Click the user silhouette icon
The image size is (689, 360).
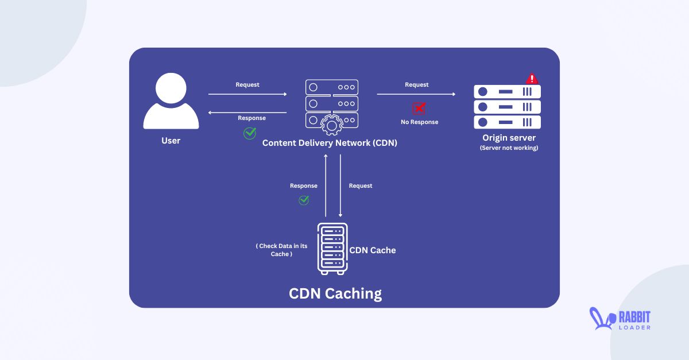coord(171,103)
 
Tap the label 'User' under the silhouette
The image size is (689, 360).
coord(171,141)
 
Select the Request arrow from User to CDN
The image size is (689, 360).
coord(247,94)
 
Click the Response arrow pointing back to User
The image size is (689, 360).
coord(247,113)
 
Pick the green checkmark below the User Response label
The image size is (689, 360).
coord(250,133)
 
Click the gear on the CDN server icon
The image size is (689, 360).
coord(331,125)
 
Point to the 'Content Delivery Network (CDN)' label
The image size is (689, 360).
coord(330,143)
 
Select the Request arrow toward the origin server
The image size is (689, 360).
coord(416,94)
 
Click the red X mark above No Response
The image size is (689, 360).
coord(419,109)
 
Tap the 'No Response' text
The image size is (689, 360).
coord(419,122)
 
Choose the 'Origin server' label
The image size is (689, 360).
coord(509,138)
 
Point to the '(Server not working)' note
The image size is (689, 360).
coord(509,148)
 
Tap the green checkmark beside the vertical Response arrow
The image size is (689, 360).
coord(304,200)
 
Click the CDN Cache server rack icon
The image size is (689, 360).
coord(333,249)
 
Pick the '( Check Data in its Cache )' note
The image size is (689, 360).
coord(281,250)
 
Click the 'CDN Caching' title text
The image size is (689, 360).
coord(335,293)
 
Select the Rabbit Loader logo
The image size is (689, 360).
coord(620,319)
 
